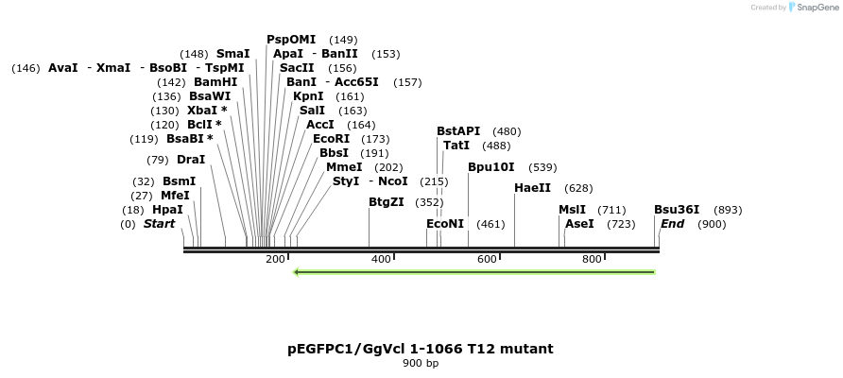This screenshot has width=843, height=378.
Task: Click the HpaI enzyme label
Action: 167,210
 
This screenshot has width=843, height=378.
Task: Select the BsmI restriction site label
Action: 179,181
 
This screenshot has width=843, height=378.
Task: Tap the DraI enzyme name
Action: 190,160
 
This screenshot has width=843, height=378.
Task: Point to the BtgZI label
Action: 386,202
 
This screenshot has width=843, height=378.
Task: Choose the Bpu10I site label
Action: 491,167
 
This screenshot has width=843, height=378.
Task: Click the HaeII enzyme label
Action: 532,188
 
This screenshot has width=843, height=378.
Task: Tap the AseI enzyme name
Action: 579,224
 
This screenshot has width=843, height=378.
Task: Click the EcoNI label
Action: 445,224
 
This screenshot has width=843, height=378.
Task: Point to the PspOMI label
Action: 291,40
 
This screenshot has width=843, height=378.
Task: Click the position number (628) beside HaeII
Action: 578,189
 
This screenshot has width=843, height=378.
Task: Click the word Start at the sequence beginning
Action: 159,224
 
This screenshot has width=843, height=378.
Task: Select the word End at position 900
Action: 672,224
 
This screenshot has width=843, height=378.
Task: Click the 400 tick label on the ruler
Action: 381,259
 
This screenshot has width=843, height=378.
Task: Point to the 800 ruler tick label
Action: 592,259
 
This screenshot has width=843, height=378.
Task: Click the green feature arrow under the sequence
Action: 473,272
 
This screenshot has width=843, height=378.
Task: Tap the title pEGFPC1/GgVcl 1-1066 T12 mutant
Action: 421,349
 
